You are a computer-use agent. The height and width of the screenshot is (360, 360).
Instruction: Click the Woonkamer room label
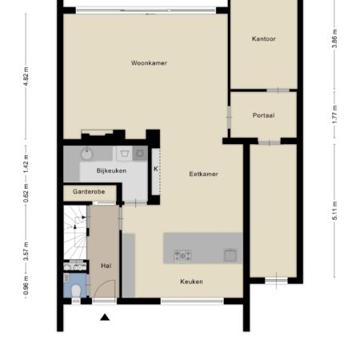[x=149, y=63]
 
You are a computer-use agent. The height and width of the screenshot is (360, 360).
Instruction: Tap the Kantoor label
[x=264, y=39]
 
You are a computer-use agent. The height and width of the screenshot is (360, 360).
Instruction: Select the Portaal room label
[x=263, y=115]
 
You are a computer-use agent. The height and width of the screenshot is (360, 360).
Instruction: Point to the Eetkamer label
[x=203, y=174]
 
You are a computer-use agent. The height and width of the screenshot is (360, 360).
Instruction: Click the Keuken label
[x=191, y=282]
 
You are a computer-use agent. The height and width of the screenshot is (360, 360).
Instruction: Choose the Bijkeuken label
[x=111, y=170]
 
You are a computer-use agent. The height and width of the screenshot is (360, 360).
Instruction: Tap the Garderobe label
[x=89, y=192]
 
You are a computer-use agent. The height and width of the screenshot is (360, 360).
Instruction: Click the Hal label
[x=106, y=266]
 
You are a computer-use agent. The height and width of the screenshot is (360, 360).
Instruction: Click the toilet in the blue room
[x=76, y=290]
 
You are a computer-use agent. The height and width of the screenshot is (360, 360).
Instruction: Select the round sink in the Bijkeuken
[x=86, y=154]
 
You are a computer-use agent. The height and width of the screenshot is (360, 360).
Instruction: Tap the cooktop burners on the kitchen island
[x=182, y=256]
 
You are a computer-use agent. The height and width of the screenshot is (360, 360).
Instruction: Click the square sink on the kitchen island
[x=230, y=255]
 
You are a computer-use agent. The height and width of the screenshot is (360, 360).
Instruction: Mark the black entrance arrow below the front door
[x=105, y=317]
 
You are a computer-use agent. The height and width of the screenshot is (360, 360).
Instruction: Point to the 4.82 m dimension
[x=26, y=76]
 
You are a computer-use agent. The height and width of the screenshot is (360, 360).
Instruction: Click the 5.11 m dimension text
[x=335, y=211]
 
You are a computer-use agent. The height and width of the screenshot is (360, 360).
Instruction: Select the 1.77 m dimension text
[x=335, y=114]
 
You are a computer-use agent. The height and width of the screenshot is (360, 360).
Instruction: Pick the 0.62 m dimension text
[x=26, y=193]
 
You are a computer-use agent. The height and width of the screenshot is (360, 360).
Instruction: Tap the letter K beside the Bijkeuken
[x=156, y=169]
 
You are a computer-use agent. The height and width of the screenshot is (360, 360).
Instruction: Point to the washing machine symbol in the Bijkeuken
[x=140, y=154]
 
